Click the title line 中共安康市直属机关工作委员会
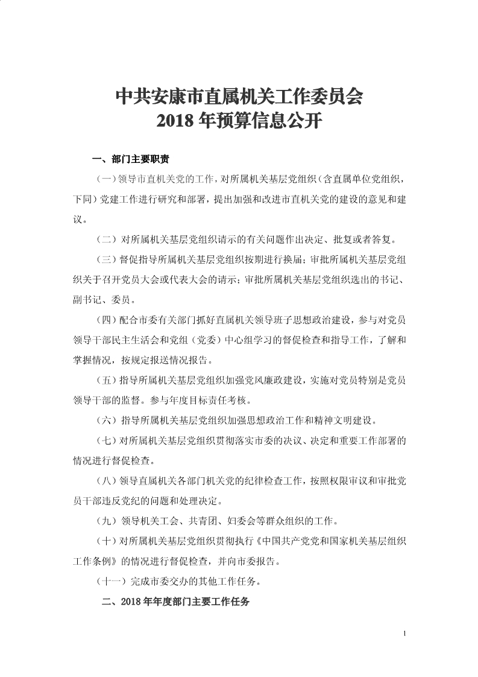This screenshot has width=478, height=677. (239, 96)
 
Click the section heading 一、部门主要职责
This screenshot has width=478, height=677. (130, 160)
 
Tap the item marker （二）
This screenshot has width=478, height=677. (108, 240)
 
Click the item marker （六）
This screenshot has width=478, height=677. (108, 420)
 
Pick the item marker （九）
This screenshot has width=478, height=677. (108, 521)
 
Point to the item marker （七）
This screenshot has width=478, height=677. (107, 440)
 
